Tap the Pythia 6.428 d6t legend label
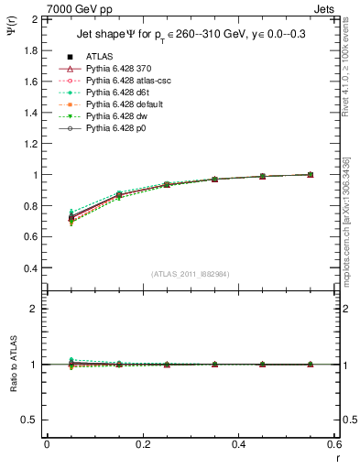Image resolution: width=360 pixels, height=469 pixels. [x=115, y=93]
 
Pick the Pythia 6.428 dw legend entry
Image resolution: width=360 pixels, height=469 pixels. [x=115, y=117]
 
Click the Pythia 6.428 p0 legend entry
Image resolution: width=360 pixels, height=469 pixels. [x=115, y=129]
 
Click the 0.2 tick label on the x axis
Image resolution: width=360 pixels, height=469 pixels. [x=142, y=443]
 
